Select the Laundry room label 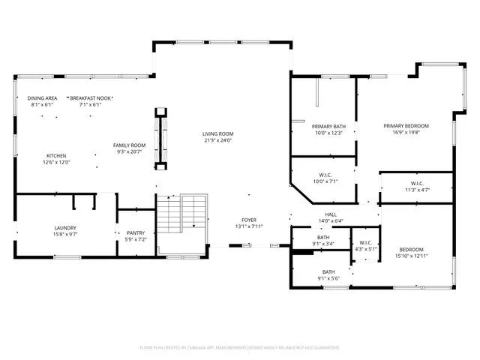pos(65,228)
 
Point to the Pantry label pos(135,233)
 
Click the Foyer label pos(247,220)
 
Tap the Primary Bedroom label pos(406,126)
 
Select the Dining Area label pos(42,98)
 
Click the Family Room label pos(129,145)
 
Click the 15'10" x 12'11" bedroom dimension pos(411,256)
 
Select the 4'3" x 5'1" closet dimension pos(365,249)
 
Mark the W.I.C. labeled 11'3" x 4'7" pos(417,184)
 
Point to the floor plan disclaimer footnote pos(239,347)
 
